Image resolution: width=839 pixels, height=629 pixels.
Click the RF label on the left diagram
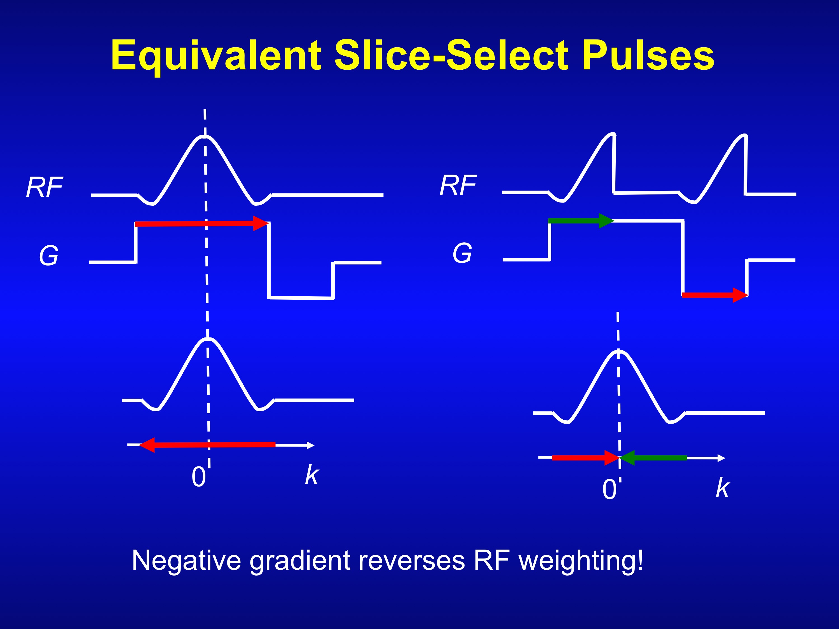coord(44,187)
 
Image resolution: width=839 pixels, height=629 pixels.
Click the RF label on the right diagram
coord(458,186)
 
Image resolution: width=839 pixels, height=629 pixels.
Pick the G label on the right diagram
coord(462,253)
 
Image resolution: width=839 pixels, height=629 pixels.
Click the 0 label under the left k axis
coord(198,477)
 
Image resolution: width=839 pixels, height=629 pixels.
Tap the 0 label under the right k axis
coord(609,489)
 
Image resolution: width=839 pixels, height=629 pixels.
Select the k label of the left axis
coord(312,475)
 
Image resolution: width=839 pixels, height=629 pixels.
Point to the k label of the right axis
coord(723,488)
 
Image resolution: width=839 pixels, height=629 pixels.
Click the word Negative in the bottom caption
coord(186,560)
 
